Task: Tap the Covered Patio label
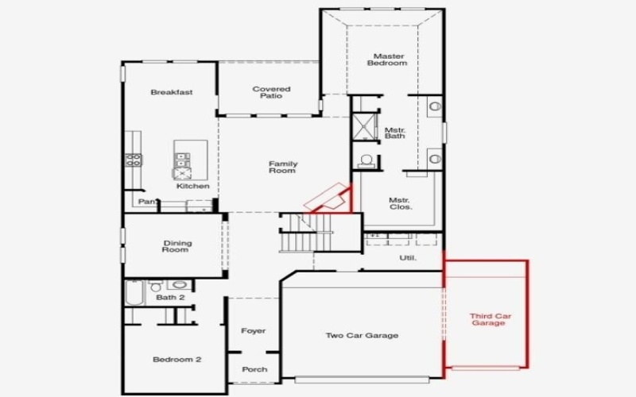(271, 93)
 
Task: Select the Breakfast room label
(172, 92)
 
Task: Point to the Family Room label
(282, 167)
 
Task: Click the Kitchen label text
(193, 186)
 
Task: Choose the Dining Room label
(176, 246)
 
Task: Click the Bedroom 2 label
(176, 360)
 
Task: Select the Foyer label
(253, 331)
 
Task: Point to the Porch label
(255, 369)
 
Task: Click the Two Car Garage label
(362, 335)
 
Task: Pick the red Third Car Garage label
(491, 320)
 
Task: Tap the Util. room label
(407, 258)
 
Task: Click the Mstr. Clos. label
(399, 204)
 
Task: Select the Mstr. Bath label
(395, 133)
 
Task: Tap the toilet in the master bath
(366, 161)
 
